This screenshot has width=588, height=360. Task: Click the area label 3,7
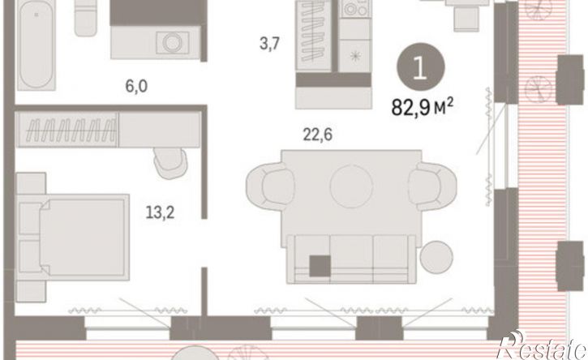coord(269,45)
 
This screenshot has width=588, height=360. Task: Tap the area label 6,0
coord(136,86)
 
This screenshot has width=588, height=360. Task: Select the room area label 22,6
coord(318,135)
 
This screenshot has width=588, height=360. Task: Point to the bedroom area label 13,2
coord(160,213)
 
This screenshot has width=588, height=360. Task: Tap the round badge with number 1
coord(421,66)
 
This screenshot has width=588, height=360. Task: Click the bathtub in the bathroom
coord(36,45)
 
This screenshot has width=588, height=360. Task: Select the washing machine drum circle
coord(173,42)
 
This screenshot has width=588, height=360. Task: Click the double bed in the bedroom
coord(73,238)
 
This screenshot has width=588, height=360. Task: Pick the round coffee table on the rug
coord(351,186)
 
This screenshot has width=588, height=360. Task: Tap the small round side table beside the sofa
coord(436,257)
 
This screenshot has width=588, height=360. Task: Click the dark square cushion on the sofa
coord(320,266)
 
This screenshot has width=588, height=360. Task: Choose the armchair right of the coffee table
coord(433,185)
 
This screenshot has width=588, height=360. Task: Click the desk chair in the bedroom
coord(170,163)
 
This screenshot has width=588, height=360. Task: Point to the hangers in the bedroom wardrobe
coord(70,130)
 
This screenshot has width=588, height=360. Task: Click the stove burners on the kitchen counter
coord(354,9)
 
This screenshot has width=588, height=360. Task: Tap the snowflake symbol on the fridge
coord(354,56)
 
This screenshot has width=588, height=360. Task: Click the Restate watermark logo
coord(543,345)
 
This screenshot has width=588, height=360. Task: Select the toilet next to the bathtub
coord(85,18)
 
